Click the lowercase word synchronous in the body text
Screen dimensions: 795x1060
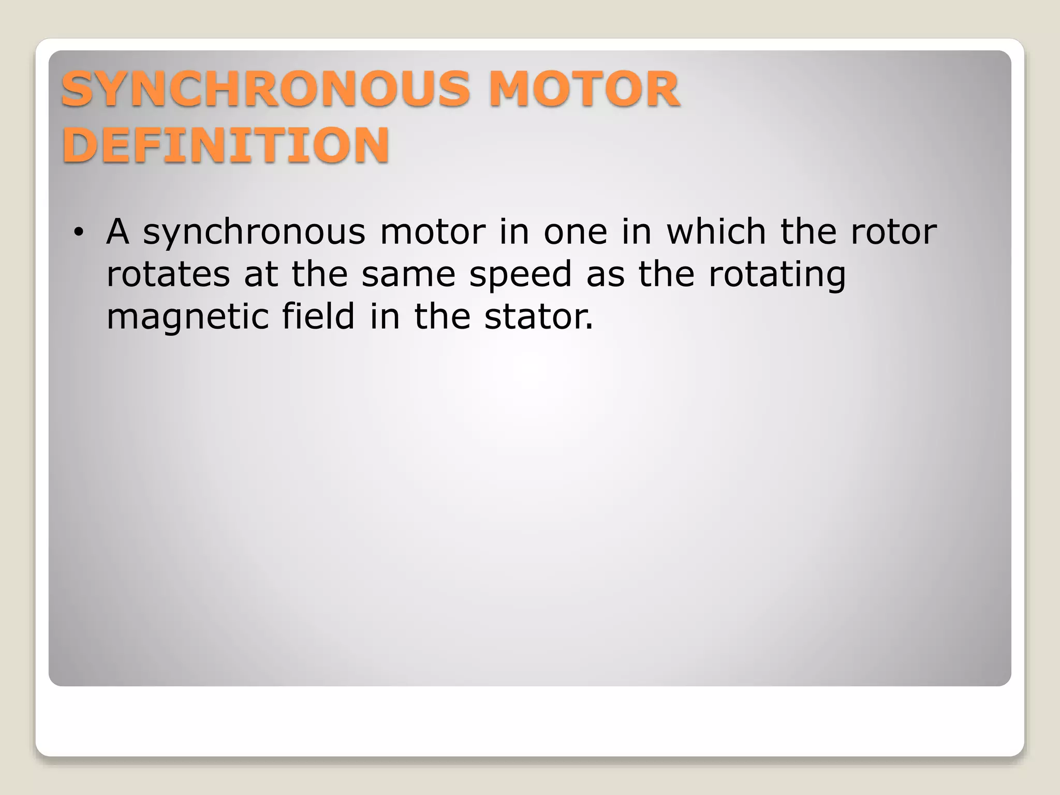click(x=254, y=232)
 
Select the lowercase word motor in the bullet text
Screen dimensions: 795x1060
click(x=433, y=232)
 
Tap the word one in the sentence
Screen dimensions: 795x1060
click(x=575, y=232)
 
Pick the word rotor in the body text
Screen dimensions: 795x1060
click(x=894, y=232)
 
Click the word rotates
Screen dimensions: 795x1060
click(x=168, y=274)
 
